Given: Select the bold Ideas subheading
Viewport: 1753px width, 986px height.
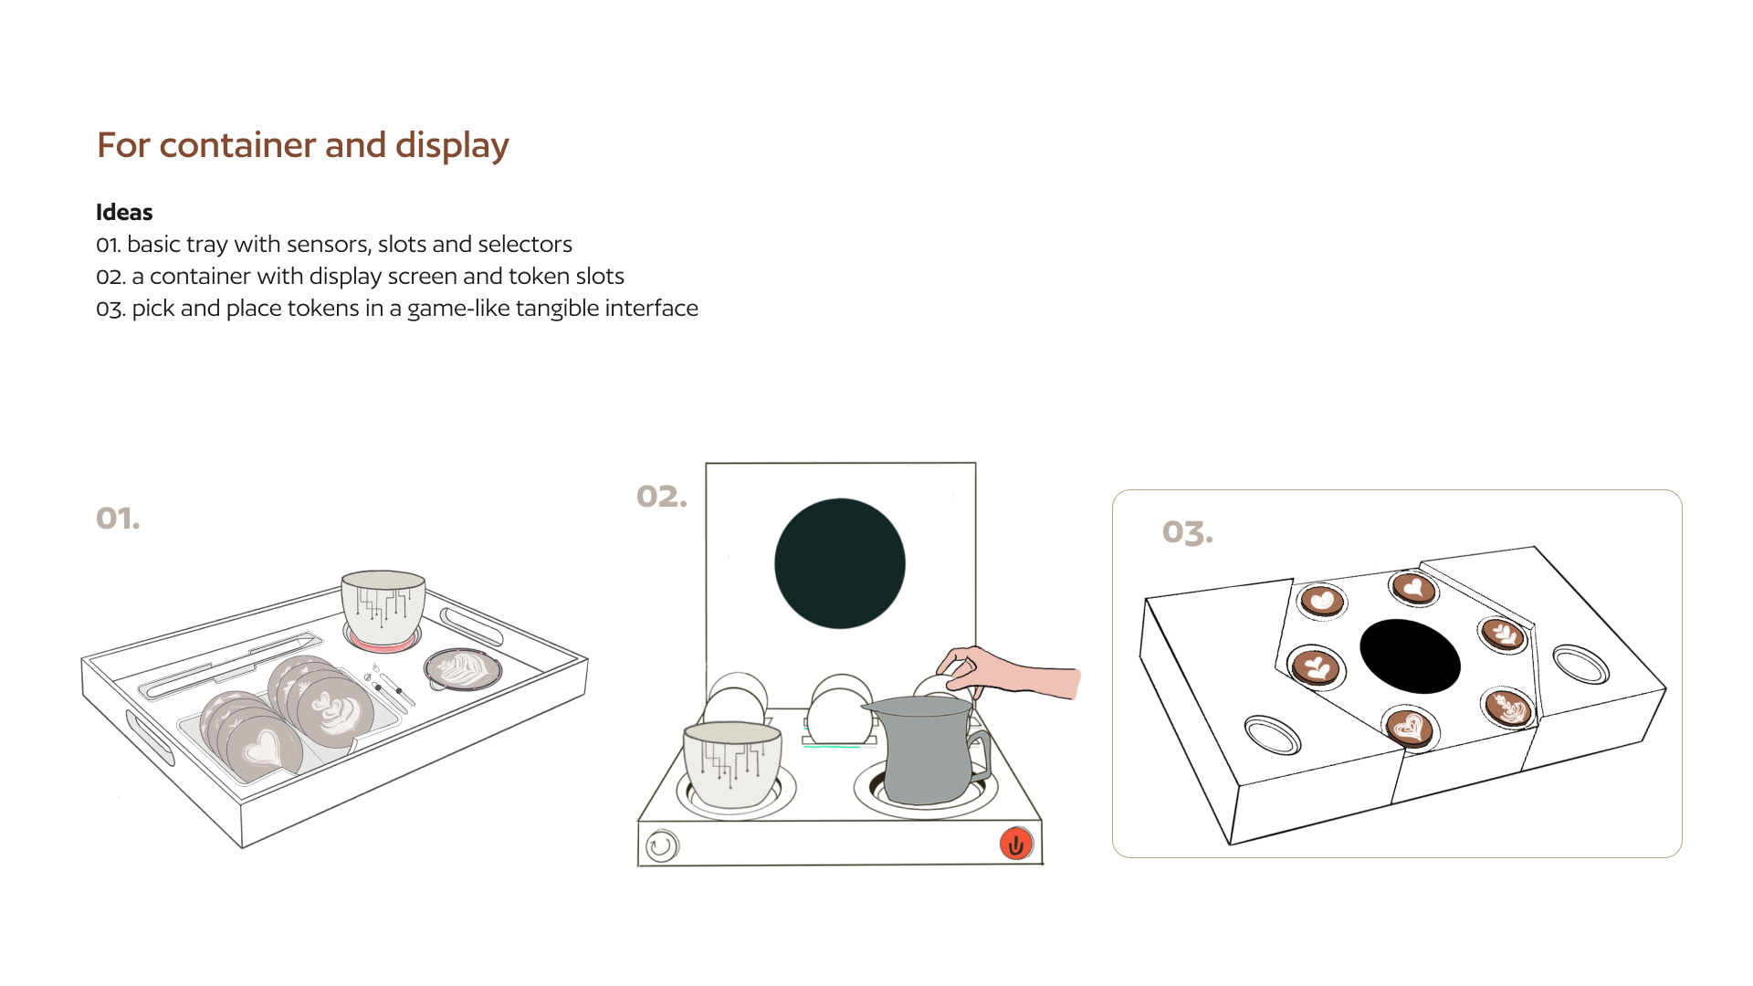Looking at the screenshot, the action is (x=124, y=213).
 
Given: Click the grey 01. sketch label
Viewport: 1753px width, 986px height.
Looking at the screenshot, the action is (x=118, y=519).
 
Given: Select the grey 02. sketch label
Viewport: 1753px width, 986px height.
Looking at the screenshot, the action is (x=662, y=497).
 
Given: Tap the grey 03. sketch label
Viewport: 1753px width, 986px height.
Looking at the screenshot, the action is (x=1188, y=532).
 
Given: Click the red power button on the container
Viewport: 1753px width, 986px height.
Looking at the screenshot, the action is (x=1015, y=844).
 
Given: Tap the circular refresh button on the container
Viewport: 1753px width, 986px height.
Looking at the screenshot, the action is (x=662, y=846).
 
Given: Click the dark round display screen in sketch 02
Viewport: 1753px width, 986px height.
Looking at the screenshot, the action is (x=840, y=563).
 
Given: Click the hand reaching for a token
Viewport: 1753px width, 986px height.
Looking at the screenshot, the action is (x=1009, y=673).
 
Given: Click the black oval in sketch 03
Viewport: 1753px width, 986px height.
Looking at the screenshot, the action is (x=1410, y=656).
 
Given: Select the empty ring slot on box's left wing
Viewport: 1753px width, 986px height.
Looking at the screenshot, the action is (x=1273, y=735).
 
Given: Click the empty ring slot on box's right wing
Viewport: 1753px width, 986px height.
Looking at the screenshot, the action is (x=1580, y=664).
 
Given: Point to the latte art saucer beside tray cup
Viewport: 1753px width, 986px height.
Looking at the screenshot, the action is (x=463, y=669).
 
